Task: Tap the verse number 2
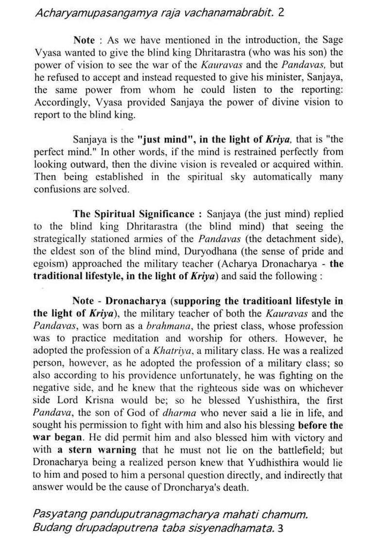281,12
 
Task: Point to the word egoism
49,264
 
